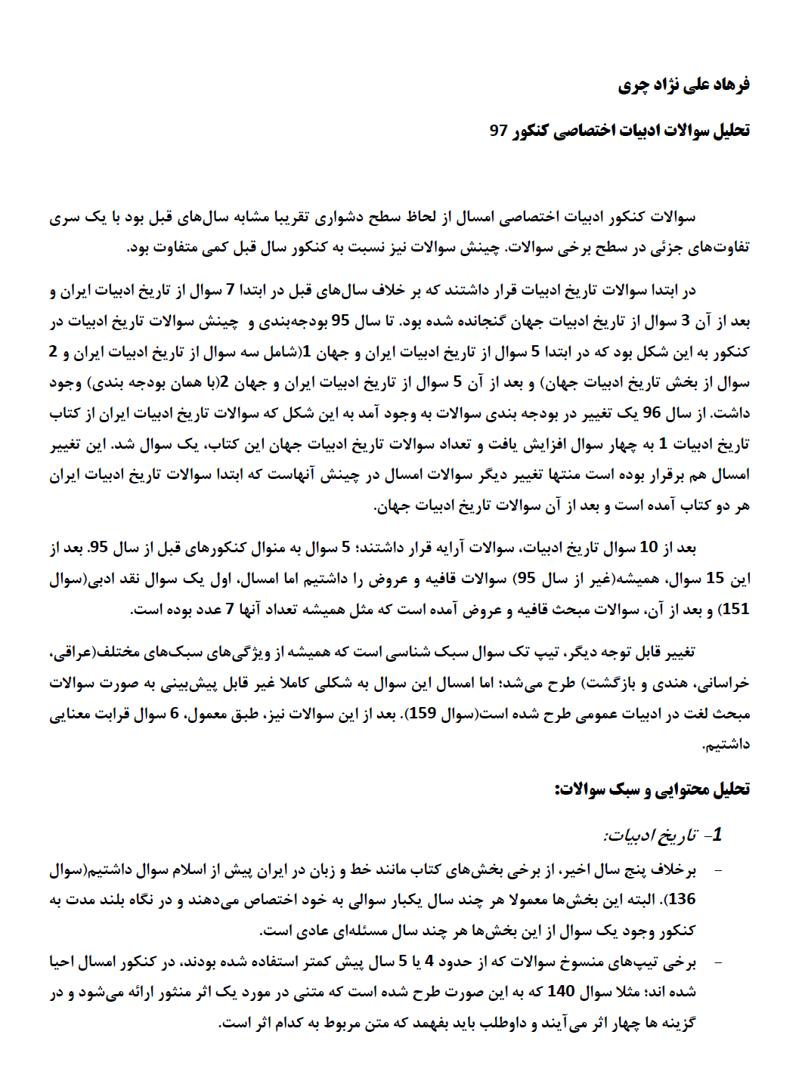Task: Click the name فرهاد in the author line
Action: (731, 84)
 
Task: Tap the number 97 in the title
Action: (498, 130)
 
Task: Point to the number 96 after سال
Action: (652, 413)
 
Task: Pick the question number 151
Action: (735, 609)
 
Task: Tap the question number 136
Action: (682, 899)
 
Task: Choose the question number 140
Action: (561, 991)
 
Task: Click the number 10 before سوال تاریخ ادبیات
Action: (649, 547)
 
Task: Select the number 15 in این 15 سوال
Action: (714, 579)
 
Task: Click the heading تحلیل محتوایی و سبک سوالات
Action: (652, 789)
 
